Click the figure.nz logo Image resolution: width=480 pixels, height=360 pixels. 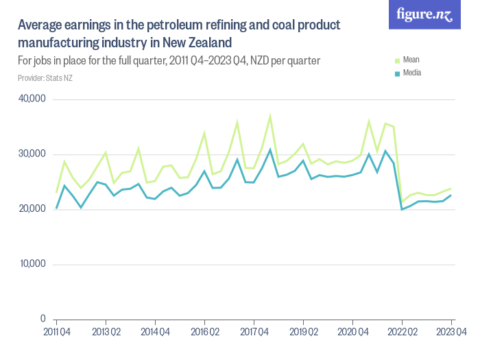tap(424, 14)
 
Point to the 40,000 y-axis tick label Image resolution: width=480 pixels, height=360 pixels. tap(32, 99)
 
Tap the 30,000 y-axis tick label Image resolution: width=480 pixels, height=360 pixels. tap(32, 154)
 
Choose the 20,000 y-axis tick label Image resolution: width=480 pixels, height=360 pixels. tap(32, 209)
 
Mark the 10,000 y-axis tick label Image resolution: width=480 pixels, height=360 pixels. tap(32, 264)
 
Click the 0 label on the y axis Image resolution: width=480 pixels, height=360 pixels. tap(42, 320)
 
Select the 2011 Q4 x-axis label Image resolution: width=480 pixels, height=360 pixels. tap(56, 332)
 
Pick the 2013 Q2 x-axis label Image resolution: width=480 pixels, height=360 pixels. tap(106, 332)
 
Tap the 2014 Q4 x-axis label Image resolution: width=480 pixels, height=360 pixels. tap(155, 332)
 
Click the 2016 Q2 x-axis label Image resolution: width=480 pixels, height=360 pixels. tap(204, 332)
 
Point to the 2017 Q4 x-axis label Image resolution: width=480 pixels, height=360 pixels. tap(254, 332)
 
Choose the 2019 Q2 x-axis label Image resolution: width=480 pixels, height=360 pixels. tap(303, 332)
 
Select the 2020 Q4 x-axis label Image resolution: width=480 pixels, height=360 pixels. tap(352, 332)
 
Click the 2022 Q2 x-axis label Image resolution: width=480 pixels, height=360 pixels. tap(402, 332)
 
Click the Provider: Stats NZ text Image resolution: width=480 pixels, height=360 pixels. tap(45, 78)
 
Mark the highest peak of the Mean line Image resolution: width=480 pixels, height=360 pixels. tap(270, 115)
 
